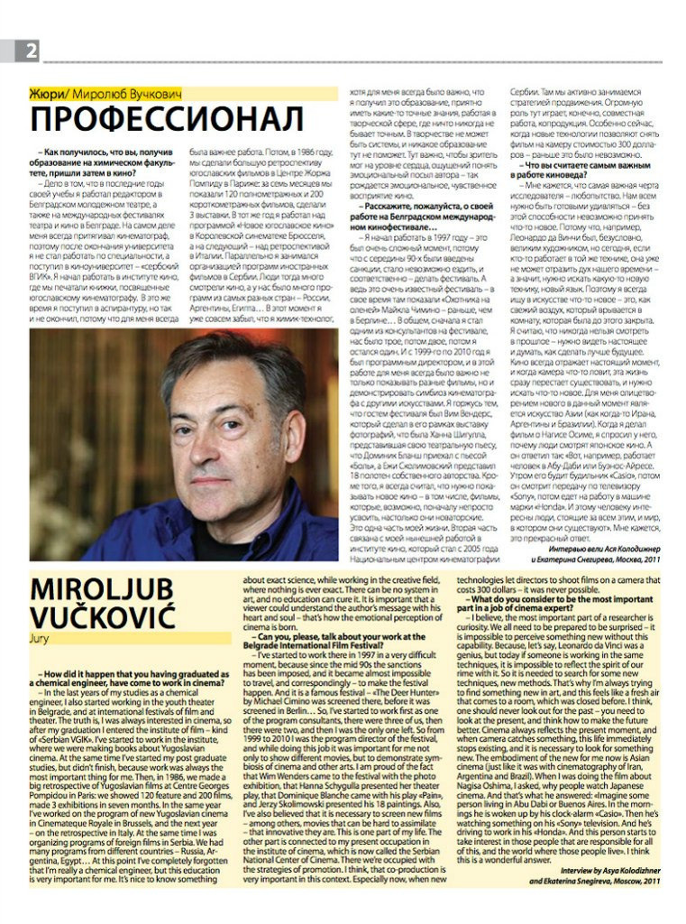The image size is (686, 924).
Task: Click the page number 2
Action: [x=30, y=51]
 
